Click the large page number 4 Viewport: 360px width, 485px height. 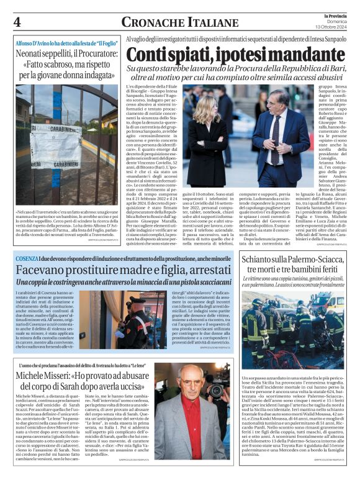point(17,21)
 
